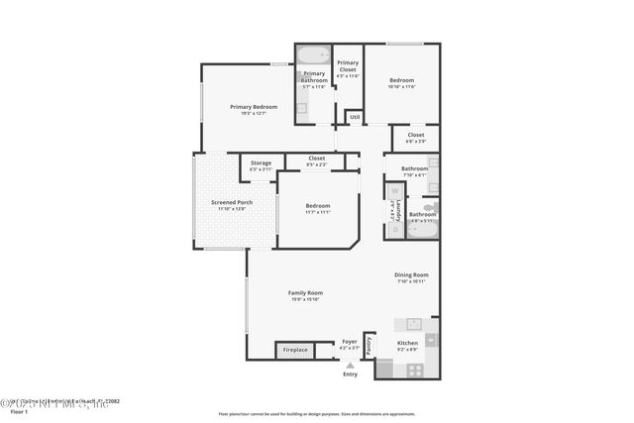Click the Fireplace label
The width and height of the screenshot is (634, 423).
point(295,350)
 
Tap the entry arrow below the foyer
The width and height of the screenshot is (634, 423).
point(350,366)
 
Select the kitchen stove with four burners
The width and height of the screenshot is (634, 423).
point(414,370)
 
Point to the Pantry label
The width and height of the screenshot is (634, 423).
point(369,345)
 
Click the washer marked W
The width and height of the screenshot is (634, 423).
point(394,190)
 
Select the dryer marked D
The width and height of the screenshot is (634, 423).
point(394,228)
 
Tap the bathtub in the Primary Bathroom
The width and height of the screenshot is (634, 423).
point(313,54)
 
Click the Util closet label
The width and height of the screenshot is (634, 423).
point(354,116)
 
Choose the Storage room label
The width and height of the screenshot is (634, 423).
point(261,162)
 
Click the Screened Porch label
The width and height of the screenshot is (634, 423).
point(231,202)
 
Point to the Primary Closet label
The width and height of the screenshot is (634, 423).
point(348,66)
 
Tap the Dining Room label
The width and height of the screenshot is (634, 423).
point(411,274)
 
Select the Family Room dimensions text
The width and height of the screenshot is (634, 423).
point(305,300)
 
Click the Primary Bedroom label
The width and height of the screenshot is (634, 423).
point(254,107)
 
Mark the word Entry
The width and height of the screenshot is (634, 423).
point(350,374)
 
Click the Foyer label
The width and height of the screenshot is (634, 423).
point(350,342)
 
